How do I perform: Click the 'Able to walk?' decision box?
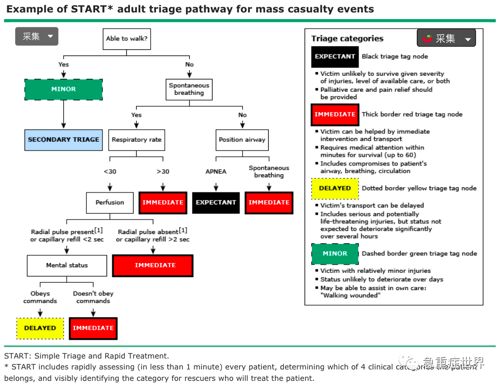tap(127, 39)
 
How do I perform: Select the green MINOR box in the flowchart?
tap(63, 89)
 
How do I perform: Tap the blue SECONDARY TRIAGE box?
tap(63, 140)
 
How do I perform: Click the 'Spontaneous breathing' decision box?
tap(189, 89)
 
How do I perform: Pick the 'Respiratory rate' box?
tap(137, 140)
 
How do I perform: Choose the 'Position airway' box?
tap(242, 140)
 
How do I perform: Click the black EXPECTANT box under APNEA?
tap(216, 202)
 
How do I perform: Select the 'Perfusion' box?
tap(110, 202)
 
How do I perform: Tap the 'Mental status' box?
tap(67, 265)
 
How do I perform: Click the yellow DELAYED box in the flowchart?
tap(40, 328)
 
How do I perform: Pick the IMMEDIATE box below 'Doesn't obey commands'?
tap(93, 328)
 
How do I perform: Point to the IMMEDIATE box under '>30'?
tap(163, 202)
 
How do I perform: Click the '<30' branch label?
tap(110, 172)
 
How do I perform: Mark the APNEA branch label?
tap(216, 172)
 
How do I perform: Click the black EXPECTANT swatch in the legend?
tap(335, 57)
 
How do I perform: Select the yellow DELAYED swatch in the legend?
tap(335, 188)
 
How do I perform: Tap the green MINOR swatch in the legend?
tap(335, 254)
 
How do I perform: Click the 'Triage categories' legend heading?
tap(347, 38)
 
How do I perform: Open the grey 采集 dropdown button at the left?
tap(36, 36)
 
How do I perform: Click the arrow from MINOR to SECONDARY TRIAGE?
tap(63, 114)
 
